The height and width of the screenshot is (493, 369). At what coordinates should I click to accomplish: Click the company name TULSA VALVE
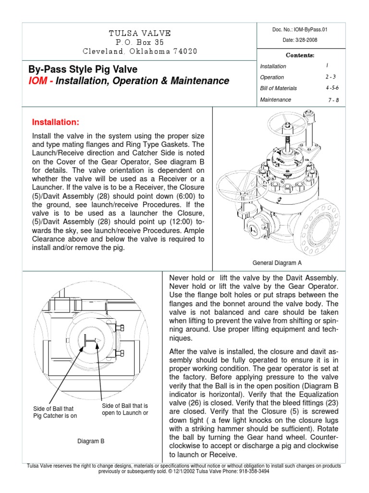point(139,33)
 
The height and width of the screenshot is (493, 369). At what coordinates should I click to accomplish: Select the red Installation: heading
point(55,121)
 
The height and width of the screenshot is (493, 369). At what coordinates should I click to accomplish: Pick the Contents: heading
point(300,55)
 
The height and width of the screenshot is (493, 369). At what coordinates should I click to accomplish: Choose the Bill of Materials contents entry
point(278,88)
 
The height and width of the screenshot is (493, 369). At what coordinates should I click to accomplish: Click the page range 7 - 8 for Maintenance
point(333,100)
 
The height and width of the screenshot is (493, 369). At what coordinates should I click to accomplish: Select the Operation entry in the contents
point(272,77)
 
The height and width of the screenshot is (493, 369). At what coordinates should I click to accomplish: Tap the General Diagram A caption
point(276,262)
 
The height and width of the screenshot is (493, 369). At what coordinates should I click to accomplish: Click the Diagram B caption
point(91,440)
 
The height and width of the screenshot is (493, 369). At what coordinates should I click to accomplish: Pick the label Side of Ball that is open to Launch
point(125,409)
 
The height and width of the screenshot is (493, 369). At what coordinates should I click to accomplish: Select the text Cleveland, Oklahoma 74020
point(139,52)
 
